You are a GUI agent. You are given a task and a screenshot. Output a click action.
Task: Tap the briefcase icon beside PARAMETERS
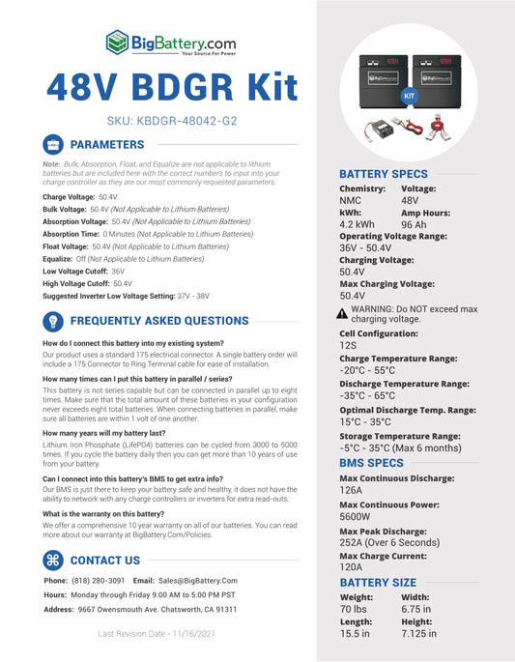53,144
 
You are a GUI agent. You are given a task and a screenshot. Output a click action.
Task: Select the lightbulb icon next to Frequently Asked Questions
53,321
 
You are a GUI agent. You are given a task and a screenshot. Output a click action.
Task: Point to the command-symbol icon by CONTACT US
53,561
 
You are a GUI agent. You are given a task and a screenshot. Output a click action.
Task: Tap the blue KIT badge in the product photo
408,98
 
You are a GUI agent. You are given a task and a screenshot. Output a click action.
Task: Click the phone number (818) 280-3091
99,580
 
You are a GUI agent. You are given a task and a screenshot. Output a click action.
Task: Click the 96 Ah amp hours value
415,224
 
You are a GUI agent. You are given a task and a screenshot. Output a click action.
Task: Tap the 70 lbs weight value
354,610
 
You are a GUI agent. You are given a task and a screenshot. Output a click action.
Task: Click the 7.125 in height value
418,634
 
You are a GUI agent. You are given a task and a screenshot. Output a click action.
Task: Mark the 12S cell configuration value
348,344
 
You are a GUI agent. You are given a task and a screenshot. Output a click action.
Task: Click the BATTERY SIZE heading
377,583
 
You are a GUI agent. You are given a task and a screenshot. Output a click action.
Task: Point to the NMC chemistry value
350,200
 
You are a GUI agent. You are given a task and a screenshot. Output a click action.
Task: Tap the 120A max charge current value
353,566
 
